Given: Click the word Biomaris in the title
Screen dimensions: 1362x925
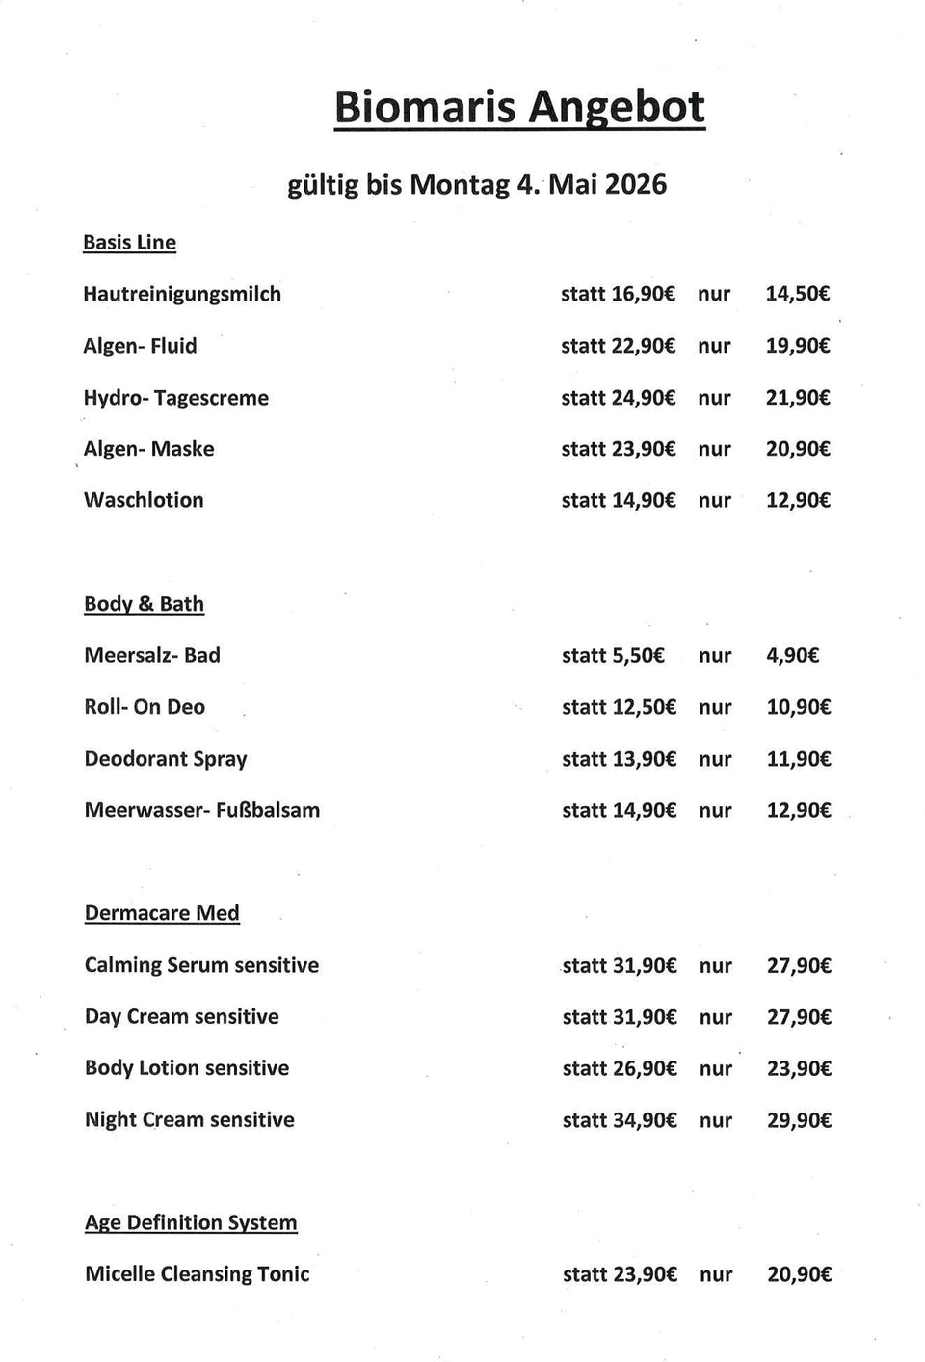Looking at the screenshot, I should pos(425,107).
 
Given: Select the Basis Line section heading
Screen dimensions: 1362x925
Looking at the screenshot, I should pos(129,242).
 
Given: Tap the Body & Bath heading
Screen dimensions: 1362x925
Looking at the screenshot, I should pos(144,604).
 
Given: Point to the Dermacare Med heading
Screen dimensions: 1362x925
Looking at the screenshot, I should pos(162,913).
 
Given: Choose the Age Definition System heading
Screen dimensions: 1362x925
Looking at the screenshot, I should pos(191,1222).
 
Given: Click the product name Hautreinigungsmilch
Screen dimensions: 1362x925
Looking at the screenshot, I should pos(182,294).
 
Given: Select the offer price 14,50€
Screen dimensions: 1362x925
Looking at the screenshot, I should pos(797,294).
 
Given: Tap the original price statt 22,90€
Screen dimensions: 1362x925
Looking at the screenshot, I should pos(618,346).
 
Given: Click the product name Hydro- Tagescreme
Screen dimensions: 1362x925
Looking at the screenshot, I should pos(176,398).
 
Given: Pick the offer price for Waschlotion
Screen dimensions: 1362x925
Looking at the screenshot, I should pos(798,500).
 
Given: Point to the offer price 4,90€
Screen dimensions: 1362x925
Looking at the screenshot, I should pos(792,656).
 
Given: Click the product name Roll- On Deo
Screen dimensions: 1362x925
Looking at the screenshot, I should pos(145,707).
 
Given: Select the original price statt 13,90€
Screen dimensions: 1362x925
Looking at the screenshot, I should pos(619,759).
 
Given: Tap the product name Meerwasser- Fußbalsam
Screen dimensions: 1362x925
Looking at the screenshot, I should pos(202,810).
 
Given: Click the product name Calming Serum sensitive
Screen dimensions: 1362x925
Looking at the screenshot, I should pos(201,965).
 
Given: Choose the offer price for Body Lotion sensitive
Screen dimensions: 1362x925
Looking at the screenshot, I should pos(799,1068).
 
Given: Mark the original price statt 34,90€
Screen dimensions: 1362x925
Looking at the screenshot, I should pos(620,1120).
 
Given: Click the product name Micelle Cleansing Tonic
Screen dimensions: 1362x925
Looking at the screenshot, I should pos(198,1274).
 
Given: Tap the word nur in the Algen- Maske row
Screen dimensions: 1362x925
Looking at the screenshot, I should pos(715,449).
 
